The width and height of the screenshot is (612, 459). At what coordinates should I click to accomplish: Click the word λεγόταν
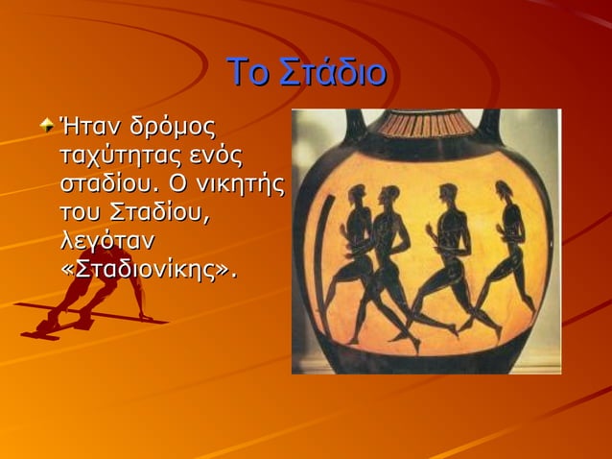click(107, 239)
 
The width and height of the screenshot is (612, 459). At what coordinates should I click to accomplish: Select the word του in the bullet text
click(82, 211)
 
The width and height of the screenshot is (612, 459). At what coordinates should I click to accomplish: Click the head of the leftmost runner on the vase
click(358, 193)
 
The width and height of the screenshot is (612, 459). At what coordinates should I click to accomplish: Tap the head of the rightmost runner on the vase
click(505, 189)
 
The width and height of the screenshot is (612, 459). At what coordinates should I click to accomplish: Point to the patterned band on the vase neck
click(422, 124)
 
